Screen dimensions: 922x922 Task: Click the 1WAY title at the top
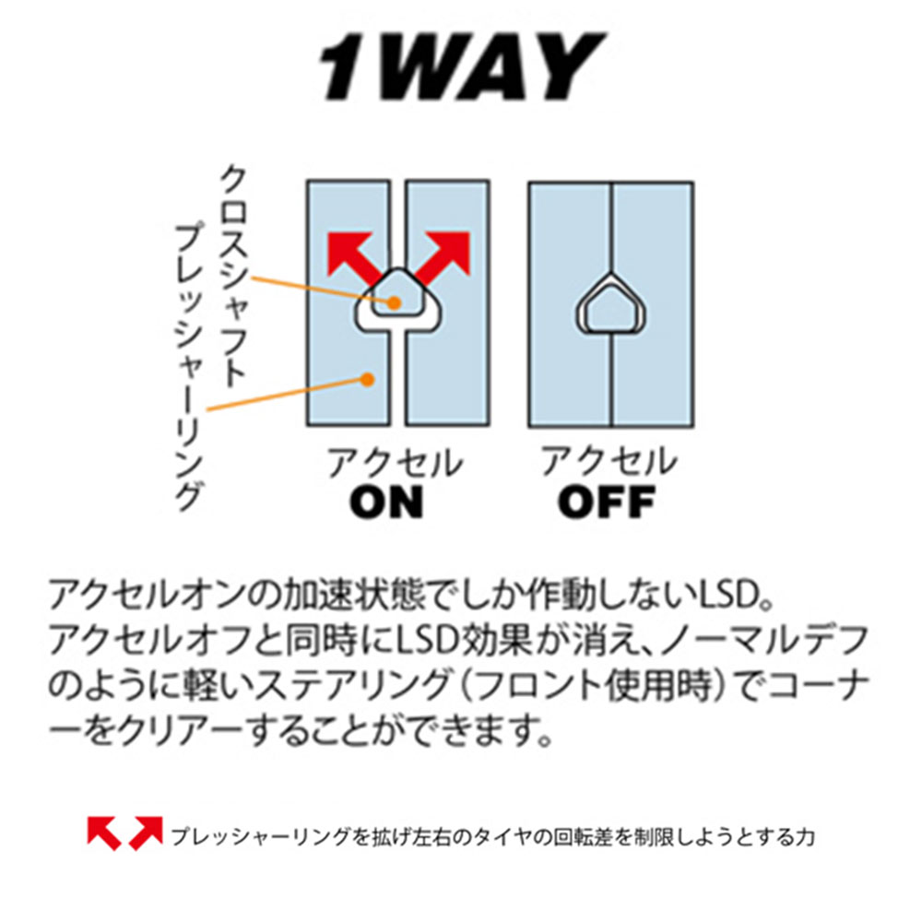pos(462,65)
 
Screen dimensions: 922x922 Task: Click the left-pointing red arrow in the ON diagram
pos(351,256)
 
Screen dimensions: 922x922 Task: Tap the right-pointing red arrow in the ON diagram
pos(443,256)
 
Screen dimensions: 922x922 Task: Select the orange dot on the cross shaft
pos(395,302)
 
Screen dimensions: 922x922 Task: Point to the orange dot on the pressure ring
pos(368,379)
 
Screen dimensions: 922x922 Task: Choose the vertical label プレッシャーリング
pos(188,367)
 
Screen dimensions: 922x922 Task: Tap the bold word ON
pos(386,502)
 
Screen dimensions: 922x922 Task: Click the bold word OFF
pos(607,502)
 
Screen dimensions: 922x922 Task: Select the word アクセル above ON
pos(395,462)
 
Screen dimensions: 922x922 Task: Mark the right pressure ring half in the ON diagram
pos(448,302)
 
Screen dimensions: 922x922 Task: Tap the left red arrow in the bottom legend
pos(104,833)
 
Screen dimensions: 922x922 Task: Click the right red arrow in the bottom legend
pos(146,833)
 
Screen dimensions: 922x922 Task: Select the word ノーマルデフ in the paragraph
pos(765,641)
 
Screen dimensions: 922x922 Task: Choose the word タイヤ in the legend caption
pos(501,837)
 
